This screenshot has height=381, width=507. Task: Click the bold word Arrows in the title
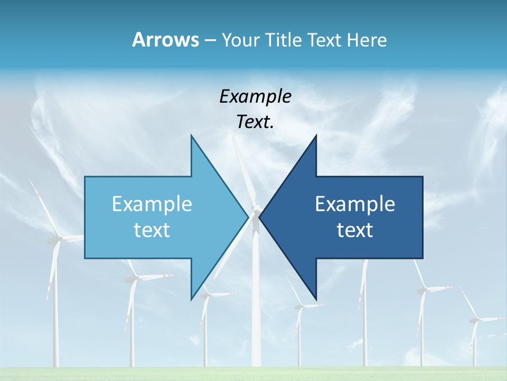point(165,40)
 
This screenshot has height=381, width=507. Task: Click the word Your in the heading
point(240,40)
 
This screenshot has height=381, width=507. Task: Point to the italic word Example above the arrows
point(255,96)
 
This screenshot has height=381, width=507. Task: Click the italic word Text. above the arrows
point(255,122)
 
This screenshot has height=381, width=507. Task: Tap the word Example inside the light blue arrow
point(152,204)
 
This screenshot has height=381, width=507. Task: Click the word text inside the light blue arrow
point(152,230)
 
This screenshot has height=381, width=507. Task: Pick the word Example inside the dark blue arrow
point(355,204)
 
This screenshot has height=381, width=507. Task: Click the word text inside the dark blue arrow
point(355,230)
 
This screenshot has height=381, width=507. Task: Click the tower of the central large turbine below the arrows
point(256,317)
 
